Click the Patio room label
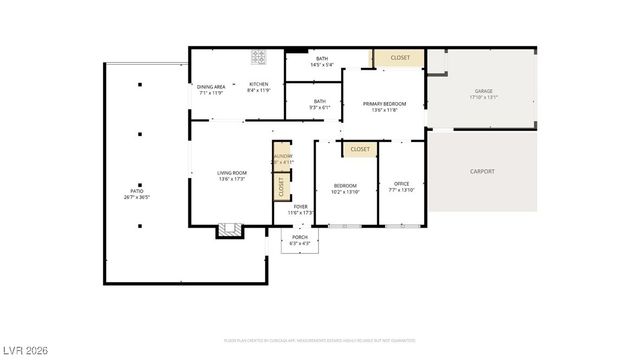click(x=137, y=194)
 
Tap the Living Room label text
click(x=232, y=176)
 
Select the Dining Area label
click(x=211, y=88)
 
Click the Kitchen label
click(x=259, y=88)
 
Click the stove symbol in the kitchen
click(x=259, y=57)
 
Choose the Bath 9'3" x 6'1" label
click(x=319, y=103)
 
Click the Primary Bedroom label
click(x=384, y=106)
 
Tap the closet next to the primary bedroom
click(x=400, y=59)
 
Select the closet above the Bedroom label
click(x=360, y=149)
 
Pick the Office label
click(x=402, y=187)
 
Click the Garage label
click(x=483, y=95)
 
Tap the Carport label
click(x=482, y=171)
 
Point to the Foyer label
click(x=300, y=209)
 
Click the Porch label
click(x=299, y=240)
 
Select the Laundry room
click(x=282, y=157)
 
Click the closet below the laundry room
click(x=282, y=186)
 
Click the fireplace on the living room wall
click(x=230, y=229)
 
